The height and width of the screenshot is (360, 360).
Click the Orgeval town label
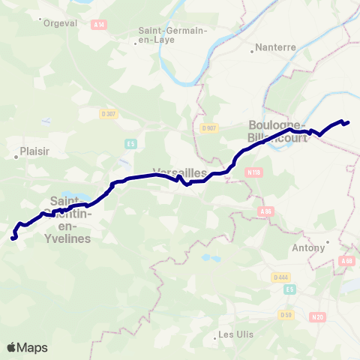61,22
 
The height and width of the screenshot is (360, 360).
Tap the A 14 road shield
98,25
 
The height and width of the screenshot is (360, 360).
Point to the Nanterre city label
275,46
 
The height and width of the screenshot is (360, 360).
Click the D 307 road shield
109,114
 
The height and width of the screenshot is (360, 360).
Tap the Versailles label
179,172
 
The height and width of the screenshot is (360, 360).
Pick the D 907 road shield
209,127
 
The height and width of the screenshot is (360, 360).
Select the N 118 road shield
253,172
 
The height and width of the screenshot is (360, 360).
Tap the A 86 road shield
265,211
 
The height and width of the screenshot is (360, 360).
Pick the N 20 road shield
316,317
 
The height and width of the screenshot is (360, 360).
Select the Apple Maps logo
27,347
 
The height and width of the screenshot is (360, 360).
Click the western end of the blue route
13,238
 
